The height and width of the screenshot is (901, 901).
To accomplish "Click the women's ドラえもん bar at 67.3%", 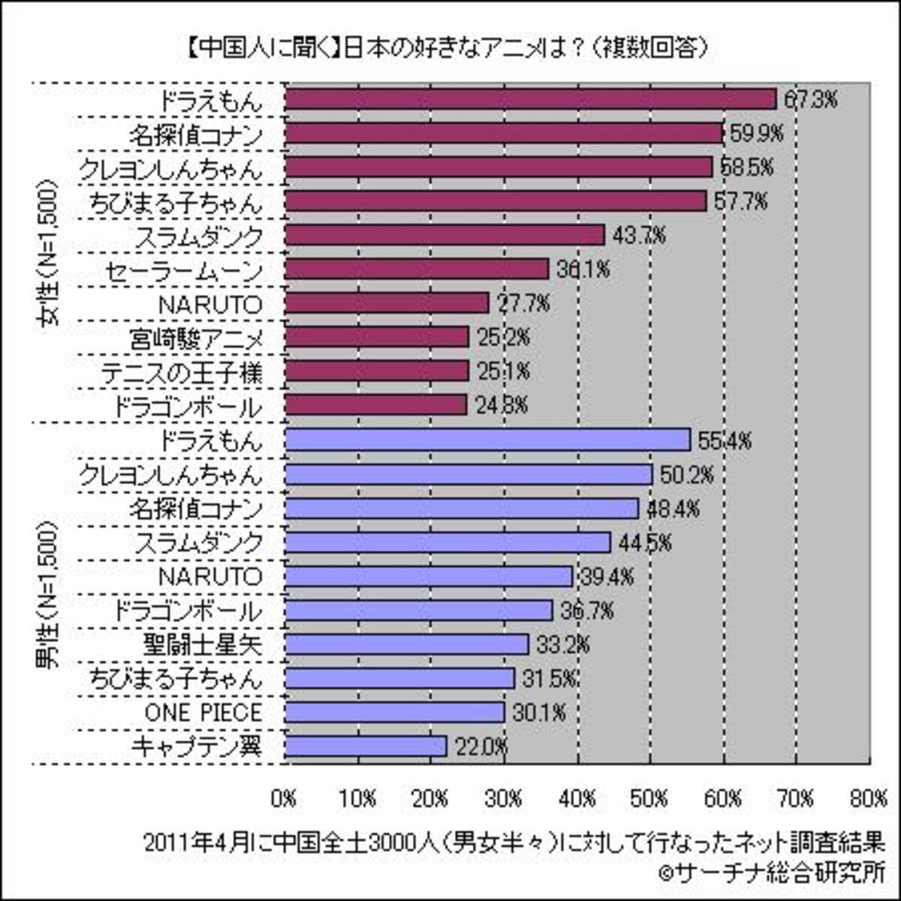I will tap(530, 99).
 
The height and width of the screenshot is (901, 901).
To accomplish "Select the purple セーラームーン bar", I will tap(417, 269).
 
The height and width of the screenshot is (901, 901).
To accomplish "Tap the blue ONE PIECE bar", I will tap(395, 712).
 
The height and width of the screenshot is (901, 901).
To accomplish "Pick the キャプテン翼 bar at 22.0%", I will tap(366, 746).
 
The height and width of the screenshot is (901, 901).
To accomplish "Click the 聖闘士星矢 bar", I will tap(407, 644).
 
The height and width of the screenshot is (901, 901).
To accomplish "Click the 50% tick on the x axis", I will tap(650, 799).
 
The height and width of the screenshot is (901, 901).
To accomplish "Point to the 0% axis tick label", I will tap(285, 799).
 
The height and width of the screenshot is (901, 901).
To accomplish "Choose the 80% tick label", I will tap(869, 799).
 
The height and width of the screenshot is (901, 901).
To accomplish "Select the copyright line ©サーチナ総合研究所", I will tap(770, 872).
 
